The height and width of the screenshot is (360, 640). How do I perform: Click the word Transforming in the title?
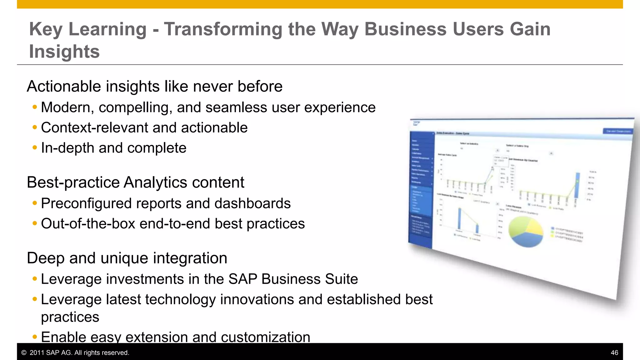(223, 29)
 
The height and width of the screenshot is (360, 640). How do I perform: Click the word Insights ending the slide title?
(64, 52)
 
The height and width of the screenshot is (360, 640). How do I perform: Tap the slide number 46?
(614, 353)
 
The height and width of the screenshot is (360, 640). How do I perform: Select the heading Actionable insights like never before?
(155, 87)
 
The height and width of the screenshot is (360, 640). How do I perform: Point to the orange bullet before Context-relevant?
(35, 127)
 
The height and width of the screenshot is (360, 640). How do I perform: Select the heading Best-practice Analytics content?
(135, 182)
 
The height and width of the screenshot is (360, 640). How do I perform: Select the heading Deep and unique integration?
(127, 258)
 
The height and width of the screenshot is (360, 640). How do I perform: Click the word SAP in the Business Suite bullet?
(243, 279)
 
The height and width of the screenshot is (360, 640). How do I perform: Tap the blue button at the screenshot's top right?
(617, 131)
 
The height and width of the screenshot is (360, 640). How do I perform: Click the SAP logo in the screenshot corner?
(417, 124)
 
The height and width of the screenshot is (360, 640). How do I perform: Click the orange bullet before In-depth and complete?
(35, 148)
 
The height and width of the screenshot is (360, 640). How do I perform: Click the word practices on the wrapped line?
(70, 317)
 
